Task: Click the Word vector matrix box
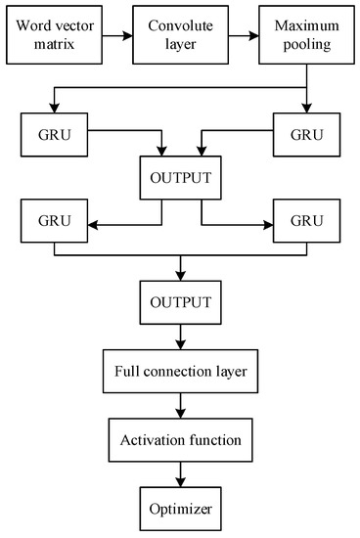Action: [54, 34]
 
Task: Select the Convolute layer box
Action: [181, 34]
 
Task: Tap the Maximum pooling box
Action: [306, 34]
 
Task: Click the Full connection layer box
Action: [181, 372]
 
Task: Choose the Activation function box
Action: [181, 440]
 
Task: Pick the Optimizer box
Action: [181, 509]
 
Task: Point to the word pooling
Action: [307, 45]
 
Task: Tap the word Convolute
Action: [181, 25]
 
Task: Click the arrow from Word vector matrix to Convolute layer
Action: [117, 35]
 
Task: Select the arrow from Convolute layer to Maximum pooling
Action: [244, 35]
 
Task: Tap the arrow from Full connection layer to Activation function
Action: [181, 406]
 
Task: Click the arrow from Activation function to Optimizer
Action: [181, 474]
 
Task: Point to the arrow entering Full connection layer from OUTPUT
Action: [181, 336]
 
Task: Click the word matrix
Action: [54, 44]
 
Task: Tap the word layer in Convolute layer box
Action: [181, 45]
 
